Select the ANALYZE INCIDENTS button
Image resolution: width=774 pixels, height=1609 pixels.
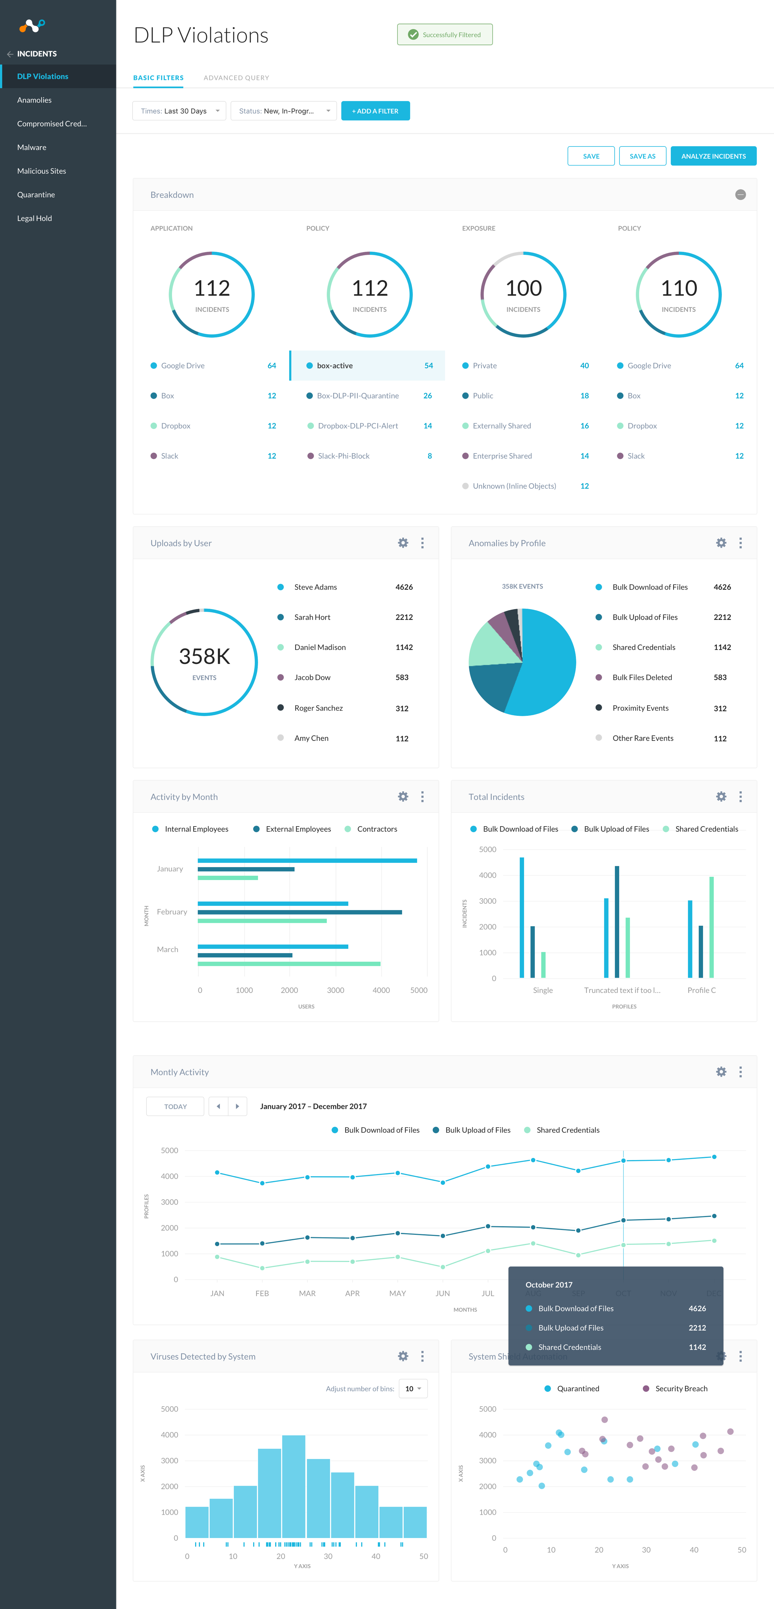[x=713, y=156]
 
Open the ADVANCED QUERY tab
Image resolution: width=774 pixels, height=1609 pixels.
[x=236, y=78]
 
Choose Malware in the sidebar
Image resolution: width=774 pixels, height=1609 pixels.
[x=32, y=147]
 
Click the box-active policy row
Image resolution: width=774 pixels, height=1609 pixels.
[x=367, y=365]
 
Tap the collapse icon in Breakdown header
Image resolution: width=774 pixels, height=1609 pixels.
[x=740, y=195]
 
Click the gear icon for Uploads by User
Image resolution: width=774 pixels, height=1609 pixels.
[x=403, y=544]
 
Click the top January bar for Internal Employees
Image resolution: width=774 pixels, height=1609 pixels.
[x=307, y=861]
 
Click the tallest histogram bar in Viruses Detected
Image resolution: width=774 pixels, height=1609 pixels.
[x=293, y=1486]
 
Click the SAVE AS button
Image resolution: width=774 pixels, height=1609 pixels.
[x=642, y=156]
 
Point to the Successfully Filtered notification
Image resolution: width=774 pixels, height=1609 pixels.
[x=445, y=35]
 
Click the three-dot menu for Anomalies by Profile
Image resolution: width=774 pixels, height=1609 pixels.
[x=740, y=544]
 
